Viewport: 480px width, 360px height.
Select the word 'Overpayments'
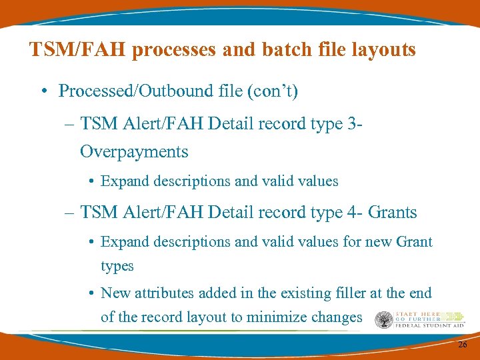tap(134, 152)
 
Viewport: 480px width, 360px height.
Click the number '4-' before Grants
tap(351, 213)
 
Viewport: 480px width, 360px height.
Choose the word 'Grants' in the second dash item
tap(391, 213)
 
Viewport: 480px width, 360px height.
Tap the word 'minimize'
tap(289, 317)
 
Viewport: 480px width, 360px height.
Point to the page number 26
tap(462, 344)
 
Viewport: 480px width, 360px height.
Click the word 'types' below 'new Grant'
tap(117, 266)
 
